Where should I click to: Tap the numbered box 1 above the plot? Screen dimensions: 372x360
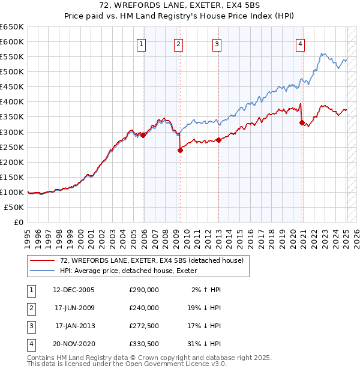pyautogui.click(x=141, y=43)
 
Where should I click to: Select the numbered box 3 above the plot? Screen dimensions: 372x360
pyautogui.click(x=217, y=43)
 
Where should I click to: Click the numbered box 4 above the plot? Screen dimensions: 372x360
pyautogui.click(x=299, y=43)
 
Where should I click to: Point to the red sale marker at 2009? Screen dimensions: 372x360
pyautogui.click(x=180, y=151)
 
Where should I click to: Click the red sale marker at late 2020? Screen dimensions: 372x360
pyautogui.click(x=302, y=122)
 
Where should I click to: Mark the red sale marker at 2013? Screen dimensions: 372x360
pyautogui.click(x=218, y=140)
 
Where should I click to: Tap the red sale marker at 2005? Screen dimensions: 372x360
pyautogui.click(x=143, y=135)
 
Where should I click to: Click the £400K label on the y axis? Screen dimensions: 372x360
pyautogui.click(x=12, y=101)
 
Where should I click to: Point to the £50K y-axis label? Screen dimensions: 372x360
pyautogui.click(x=14, y=207)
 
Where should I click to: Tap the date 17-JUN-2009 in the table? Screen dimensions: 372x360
pyautogui.click(x=74, y=308)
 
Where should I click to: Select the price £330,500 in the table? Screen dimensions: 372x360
pyautogui.click(x=144, y=344)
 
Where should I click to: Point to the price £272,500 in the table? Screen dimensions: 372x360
pyautogui.click(x=144, y=326)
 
